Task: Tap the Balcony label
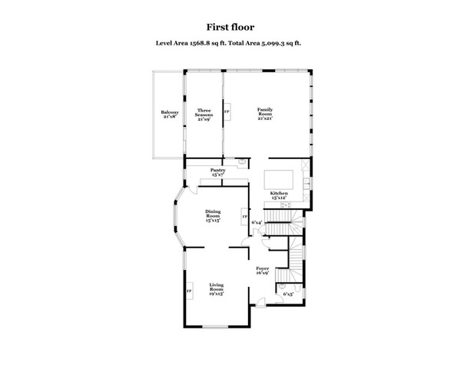(170, 115)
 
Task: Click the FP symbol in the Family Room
(227, 112)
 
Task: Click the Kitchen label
(278, 195)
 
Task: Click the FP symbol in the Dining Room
(244, 218)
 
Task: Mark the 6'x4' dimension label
(257, 223)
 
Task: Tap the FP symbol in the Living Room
(188, 293)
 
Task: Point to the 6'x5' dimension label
(289, 294)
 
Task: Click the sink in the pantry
(241, 162)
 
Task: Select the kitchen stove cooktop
(306, 164)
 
